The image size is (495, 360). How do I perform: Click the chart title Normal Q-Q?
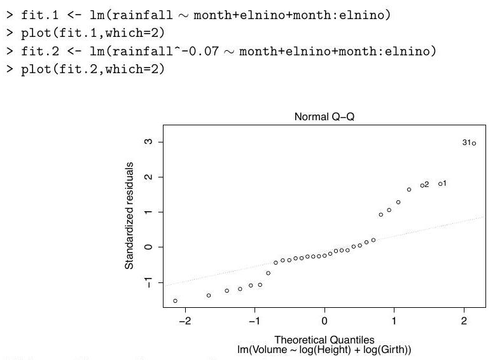click(x=324, y=117)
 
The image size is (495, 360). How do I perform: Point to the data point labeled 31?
click(x=474, y=144)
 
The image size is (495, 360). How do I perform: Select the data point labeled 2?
click(x=422, y=185)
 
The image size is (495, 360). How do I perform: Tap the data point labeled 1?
click(x=440, y=184)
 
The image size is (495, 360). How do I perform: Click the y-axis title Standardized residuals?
click(x=129, y=216)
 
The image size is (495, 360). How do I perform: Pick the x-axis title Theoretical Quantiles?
click(x=324, y=340)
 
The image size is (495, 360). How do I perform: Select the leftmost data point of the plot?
click(x=175, y=301)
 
